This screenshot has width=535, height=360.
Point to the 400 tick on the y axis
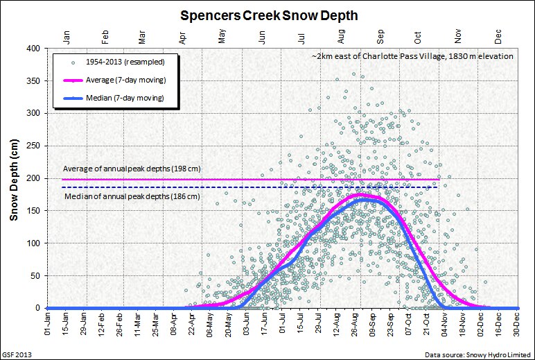[33, 48]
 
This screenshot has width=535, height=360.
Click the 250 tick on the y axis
[33, 146]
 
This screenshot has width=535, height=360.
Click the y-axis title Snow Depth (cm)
[13, 178]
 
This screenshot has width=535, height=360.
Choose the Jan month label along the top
[66, 34]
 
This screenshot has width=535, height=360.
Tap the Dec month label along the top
[498, 34]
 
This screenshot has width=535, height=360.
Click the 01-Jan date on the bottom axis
[47, 327]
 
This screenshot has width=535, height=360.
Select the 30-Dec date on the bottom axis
[517, 327]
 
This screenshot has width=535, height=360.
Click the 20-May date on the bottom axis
[229, 327]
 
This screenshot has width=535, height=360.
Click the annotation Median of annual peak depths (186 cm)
[132, 196]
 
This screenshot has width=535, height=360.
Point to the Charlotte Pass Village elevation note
[412, 55]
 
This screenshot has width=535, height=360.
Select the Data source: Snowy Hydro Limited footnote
[477, 354]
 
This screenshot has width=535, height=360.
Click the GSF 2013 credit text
[17, 354]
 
